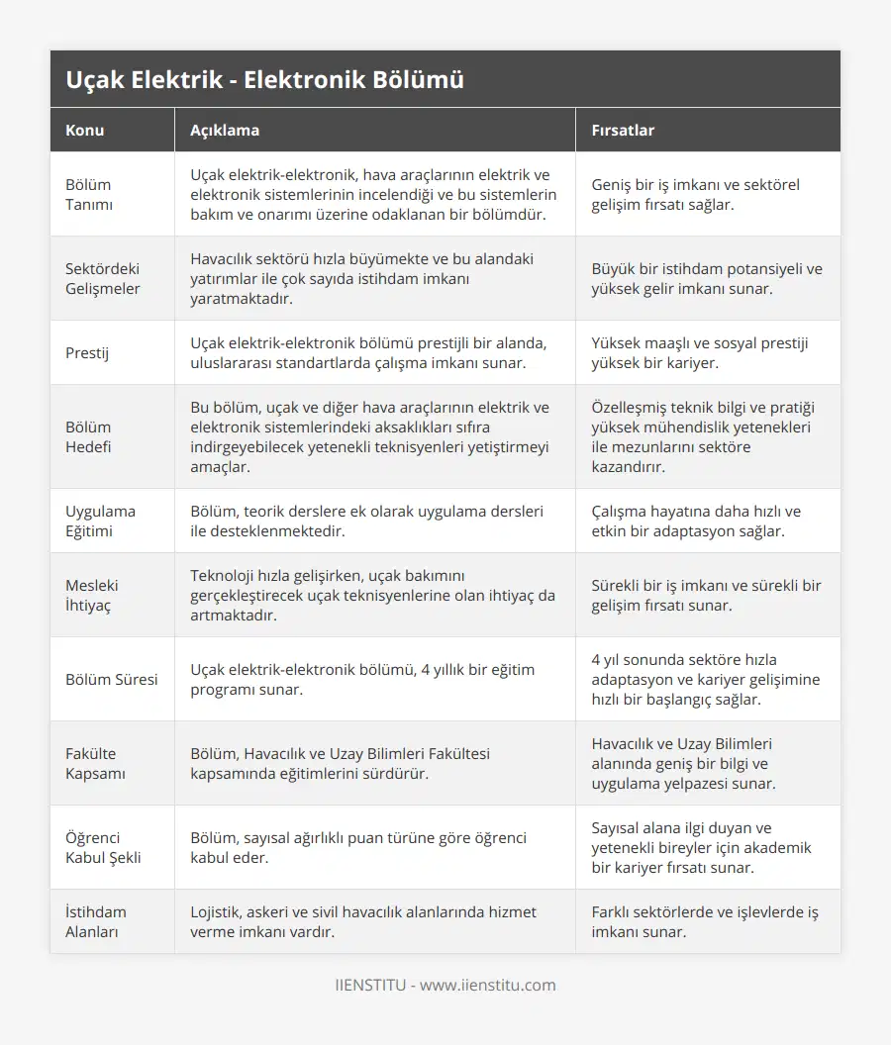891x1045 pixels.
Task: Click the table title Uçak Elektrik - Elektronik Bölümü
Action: (264, 80)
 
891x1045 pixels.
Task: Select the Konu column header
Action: (85, 130)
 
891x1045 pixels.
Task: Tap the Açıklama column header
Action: (225, 130)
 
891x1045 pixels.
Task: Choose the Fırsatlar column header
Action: (623, 130)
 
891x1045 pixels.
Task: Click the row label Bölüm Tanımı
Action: (88, 194)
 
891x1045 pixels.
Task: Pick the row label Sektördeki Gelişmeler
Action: (103, 278)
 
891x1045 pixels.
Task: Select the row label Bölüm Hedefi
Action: (88, 436)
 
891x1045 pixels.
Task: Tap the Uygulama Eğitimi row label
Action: (100, 521)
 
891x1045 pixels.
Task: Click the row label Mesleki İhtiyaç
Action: (94, 595)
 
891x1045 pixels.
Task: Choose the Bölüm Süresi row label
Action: (111, 679)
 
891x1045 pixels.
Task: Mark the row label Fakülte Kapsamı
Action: (95, 763)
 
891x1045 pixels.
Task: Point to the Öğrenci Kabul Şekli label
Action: (103, 847)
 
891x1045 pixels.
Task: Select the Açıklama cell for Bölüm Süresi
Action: (362, 679)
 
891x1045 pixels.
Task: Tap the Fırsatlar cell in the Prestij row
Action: (699, 352)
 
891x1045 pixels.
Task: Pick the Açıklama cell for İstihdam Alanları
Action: (363, 921)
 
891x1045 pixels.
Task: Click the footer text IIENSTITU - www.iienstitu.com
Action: (445, 985)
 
